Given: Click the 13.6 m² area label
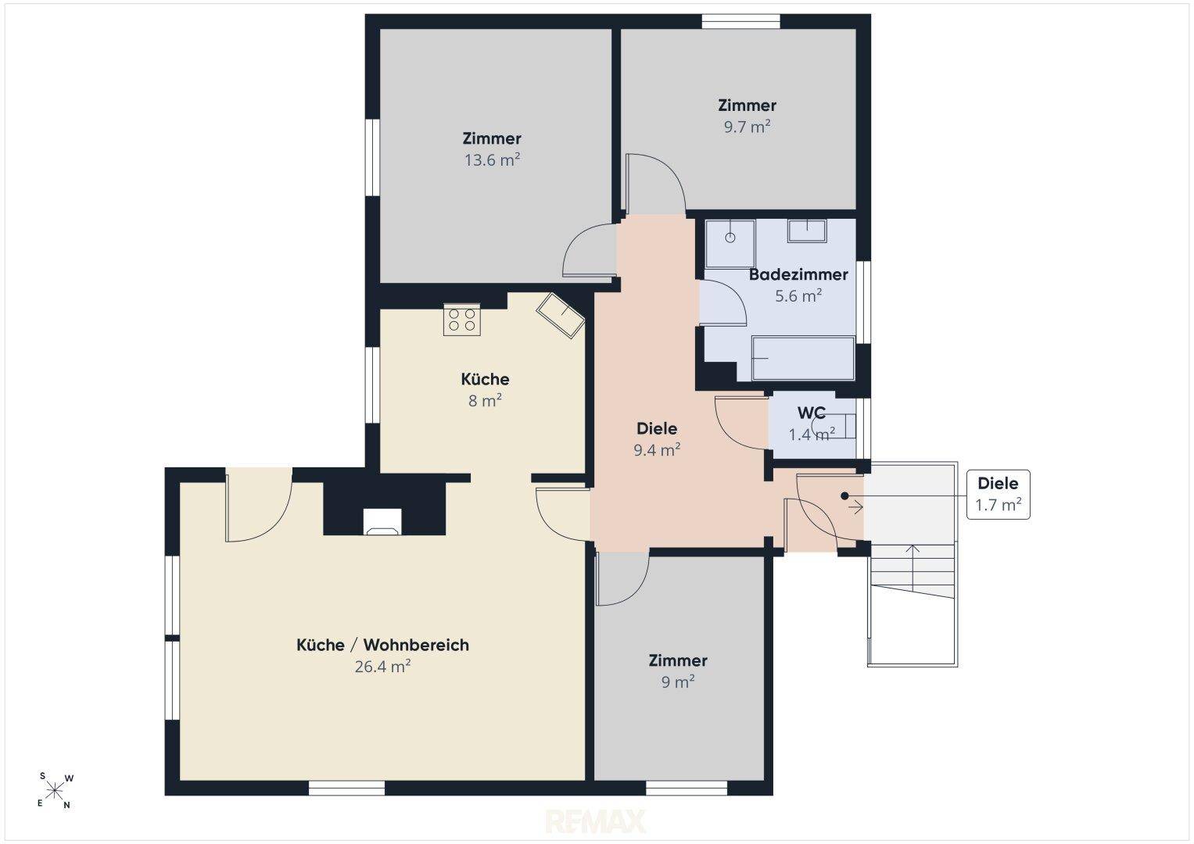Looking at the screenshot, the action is pyautogui.click(x=492, y=160).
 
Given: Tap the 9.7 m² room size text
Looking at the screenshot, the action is pyautogui.click(x=747, y=127).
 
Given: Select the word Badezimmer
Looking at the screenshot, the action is pyautogui.click(x=798, y=274).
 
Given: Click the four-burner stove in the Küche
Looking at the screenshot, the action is pyautogui.click(x=461, y=320).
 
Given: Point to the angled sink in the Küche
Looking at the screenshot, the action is pyautogui.click(x=560, y=315).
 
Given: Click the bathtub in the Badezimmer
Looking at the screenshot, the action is pyautogui.click(x=803, y=359).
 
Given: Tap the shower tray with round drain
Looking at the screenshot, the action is pyautogui.click(x=730, y=244).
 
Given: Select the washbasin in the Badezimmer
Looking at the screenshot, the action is pyautogui.click(x=807, y=231).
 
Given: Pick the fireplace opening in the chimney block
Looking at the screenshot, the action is pyautogui.click(x=382, y=521).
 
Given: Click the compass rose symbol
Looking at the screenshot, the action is pyautogui.click(x=55, y=791).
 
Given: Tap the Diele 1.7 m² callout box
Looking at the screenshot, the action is pyautogui.click(x=998, y=495).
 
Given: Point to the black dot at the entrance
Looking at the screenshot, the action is pyautogui.click(x=844, y=496).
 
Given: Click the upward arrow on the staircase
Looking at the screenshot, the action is pyautogui.click(x=913, y=567).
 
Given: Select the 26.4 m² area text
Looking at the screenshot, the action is pyautogui.click(x=382, y=667).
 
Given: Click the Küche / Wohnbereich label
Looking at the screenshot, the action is pyautogui.click(x=382, y=645).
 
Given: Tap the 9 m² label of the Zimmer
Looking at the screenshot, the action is pyautogui.click(x=678, y=682).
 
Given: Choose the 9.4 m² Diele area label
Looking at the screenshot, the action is pyautogui.click(x=657, y=450).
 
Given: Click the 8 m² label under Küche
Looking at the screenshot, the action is pyautogui.click(x=485, y=401).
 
